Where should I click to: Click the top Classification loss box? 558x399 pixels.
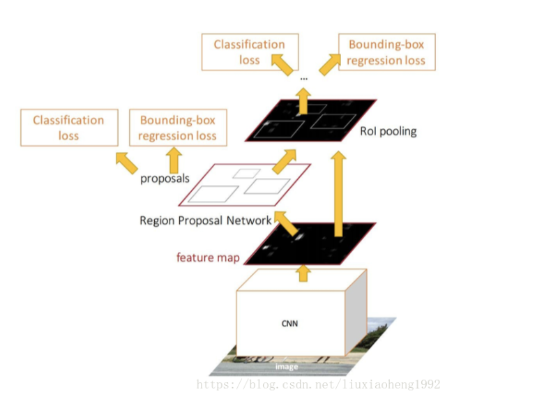[x=249, y=52]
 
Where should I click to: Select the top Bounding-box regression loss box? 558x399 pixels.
[x=386, y=52]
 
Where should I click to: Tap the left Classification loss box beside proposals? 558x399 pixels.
[x=68, y=128]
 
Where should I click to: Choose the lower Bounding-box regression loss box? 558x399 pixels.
[x=177, y=128]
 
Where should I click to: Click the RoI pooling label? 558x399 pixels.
[x=388, y=131]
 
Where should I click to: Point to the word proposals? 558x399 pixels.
[x=165, y=178]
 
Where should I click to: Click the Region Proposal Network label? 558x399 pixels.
[x=205, y=220]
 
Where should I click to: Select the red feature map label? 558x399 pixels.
[x=208, y=258]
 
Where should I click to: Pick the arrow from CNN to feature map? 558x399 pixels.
[x=303, y=273]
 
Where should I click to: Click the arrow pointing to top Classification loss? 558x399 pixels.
[x=282, y=66]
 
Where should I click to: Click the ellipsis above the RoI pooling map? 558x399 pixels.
[x=303, y=79]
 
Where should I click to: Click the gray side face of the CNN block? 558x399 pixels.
[x=356, y=310]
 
